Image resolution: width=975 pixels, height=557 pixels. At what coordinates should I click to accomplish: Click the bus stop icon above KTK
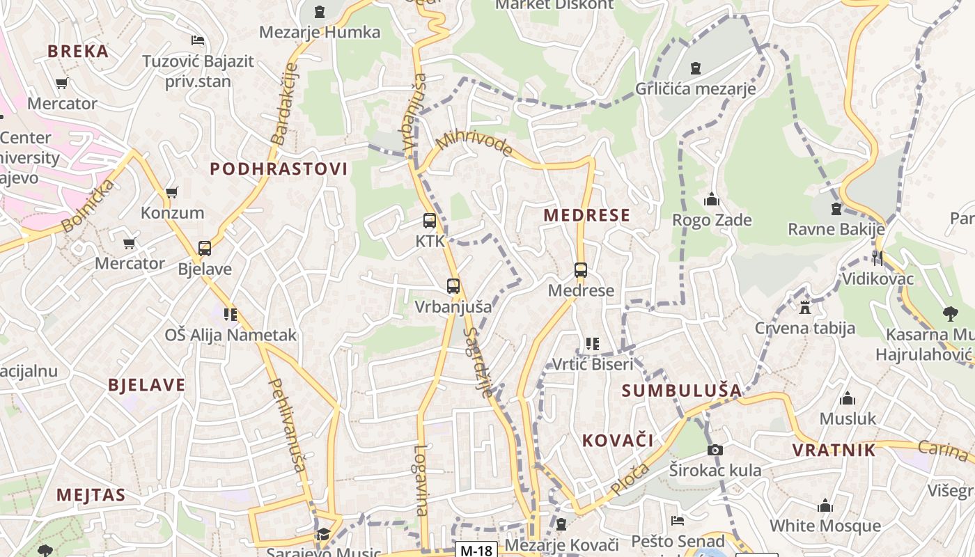pos(430,221)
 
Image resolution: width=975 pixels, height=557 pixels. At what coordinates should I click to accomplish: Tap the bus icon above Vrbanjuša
pos(453,285)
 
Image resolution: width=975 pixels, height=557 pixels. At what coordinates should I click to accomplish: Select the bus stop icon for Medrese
pos(581,270)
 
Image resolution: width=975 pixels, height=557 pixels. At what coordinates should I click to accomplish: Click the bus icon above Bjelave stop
pos(205,249)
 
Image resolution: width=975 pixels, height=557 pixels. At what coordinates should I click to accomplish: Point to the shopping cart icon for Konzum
pos(171,192)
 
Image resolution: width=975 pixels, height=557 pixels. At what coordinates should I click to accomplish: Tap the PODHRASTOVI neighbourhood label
pos(279,169)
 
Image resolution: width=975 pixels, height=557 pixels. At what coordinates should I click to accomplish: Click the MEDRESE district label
pos(586,215)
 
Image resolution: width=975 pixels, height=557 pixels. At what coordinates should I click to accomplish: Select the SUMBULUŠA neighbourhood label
pos(682,391)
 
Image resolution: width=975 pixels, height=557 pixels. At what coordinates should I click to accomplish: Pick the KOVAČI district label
pos(618,440)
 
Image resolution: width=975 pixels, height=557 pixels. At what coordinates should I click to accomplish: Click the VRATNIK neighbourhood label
pos(834,450)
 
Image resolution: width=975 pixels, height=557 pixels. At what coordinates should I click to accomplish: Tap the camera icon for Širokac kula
pos(715,450)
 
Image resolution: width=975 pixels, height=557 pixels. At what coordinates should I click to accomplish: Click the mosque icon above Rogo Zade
pos(711,200)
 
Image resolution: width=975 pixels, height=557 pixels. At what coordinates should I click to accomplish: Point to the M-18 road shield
pos(476,550)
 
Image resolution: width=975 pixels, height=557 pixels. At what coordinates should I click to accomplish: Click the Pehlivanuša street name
pos(287,424)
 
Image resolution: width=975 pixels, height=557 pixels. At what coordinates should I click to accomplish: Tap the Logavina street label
pos(421,480)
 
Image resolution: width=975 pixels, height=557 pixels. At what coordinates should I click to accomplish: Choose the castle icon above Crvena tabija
pos(805,307)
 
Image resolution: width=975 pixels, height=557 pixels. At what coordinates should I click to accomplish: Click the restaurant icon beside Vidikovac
pos(877,258)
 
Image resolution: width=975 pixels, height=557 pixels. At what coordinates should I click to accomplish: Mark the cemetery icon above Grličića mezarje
pos(695,68)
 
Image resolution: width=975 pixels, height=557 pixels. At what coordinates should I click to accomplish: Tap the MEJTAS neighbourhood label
pos(91,495)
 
